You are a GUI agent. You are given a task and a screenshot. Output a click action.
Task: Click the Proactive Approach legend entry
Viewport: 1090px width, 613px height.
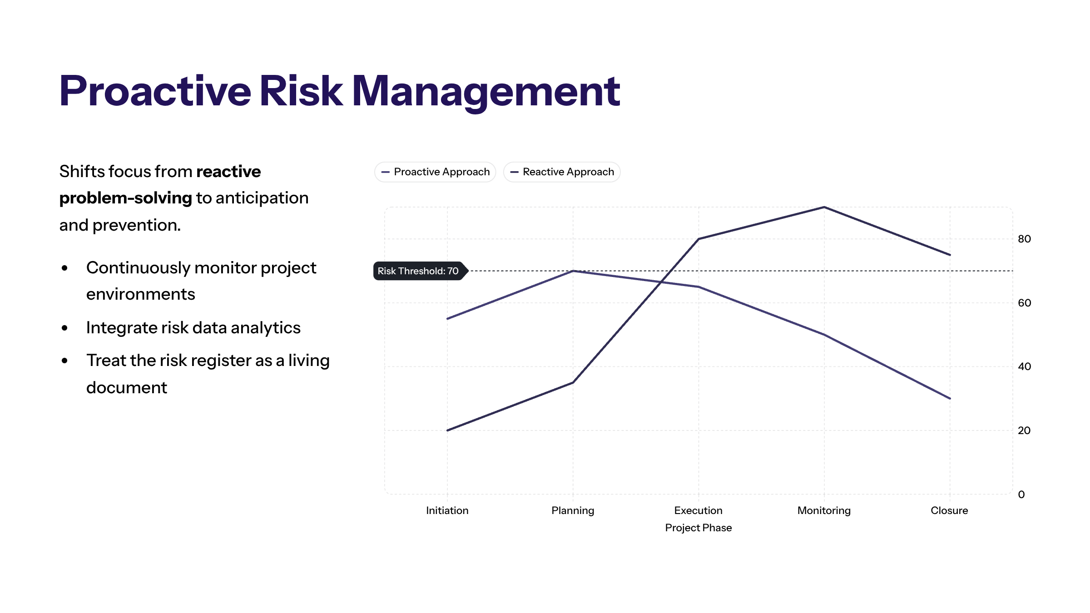[x=435, y=172]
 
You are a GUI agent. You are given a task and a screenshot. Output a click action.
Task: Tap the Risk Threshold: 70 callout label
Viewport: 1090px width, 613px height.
[x=418, y=271]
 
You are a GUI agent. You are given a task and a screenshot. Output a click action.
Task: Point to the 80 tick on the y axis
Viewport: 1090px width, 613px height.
[x=1024, y=239]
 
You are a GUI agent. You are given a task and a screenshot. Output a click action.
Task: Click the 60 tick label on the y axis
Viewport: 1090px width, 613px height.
[x=1024, y=303]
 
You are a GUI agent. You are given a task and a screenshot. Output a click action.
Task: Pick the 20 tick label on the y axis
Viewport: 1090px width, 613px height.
[x=1024, y=430]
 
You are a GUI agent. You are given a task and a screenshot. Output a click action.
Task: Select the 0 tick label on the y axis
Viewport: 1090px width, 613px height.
[x=1021, y=494]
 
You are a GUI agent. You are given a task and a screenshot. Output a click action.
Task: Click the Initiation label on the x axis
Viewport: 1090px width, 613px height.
[x=447, y=510]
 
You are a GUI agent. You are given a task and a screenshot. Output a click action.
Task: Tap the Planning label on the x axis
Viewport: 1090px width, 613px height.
[x=573, y=510]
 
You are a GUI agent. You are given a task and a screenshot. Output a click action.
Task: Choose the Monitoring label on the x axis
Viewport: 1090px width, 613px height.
[x=824, y=510]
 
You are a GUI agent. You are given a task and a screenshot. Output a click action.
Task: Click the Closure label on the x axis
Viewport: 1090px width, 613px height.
[x=949, y=510]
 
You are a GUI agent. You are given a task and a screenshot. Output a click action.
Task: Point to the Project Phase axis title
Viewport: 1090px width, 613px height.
[x=699, y=528]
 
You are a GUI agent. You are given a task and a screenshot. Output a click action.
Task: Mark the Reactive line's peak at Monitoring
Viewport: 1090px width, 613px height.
[x=824, y=207]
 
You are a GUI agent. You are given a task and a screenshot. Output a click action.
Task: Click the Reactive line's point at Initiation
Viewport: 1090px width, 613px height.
[x=447, y=430]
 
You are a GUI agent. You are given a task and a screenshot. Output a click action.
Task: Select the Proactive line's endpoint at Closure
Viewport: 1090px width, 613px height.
[x=950, y=398]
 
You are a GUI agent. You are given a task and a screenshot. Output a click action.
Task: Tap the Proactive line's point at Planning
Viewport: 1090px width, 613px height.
[x=573, y=271]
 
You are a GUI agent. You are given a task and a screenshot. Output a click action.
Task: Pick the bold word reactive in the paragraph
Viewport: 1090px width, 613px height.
[x=228, y=172]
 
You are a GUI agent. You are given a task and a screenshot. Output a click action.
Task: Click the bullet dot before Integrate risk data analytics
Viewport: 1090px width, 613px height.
[x=65, y=328]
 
